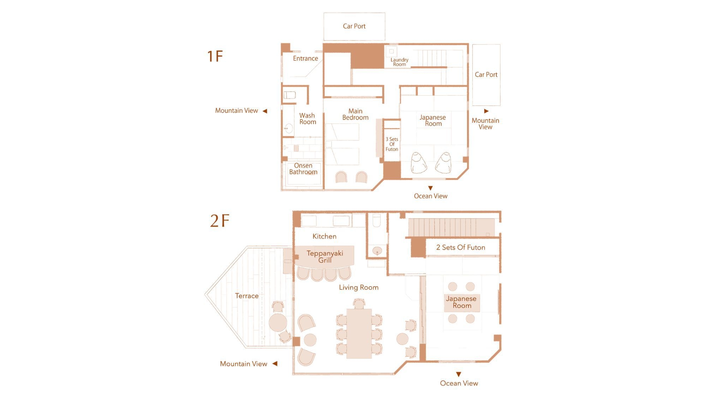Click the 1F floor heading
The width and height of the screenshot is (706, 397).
click(215, 56)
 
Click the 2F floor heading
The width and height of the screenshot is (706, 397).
click(220, 221)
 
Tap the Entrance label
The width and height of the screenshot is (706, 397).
click(305, 59)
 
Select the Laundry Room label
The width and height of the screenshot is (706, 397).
click(399, 62)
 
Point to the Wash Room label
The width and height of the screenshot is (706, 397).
click(307, 119)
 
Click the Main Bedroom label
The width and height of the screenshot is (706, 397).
click(355, 114)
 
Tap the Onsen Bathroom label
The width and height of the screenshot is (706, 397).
click(303, 169)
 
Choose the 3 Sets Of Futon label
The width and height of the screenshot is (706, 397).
click(392, 144)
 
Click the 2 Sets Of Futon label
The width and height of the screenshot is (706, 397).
click(461, 247)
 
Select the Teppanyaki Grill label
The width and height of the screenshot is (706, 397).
click(325, 257)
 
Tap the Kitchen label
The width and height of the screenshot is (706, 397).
click(324, 236)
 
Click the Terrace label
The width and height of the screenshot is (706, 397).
click(247, 296)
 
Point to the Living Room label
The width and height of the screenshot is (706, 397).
click(359, 287)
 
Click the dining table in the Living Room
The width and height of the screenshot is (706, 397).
click(359, 333)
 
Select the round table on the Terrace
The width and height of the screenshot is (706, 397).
click(278, 322)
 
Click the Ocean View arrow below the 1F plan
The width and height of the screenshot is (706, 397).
click(430, 188)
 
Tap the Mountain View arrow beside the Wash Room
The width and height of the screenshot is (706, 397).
click(265, 111)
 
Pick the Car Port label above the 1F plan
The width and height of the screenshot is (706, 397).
click(354, 26)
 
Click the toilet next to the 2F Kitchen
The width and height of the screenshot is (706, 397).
click(377, 220)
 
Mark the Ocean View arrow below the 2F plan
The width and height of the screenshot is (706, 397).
click(459, 374)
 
